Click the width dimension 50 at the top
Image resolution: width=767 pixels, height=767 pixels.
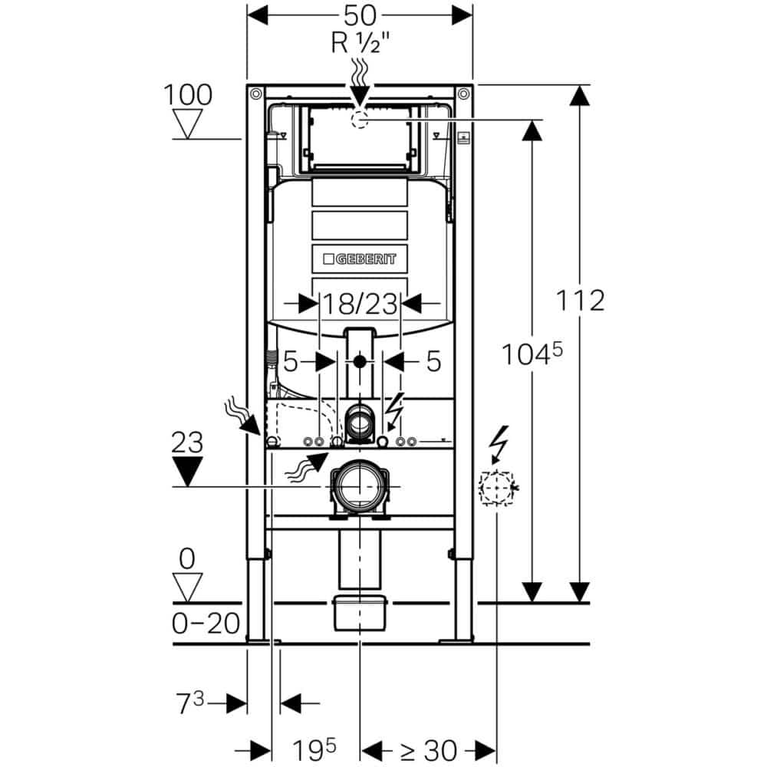(358, 15)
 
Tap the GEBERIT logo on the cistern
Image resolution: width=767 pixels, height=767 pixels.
(358, 258)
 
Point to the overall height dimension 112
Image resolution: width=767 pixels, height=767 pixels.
(581, 300)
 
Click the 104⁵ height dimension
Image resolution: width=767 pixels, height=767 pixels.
(531, 355)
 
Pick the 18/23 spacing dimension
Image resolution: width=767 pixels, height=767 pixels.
(358, 304)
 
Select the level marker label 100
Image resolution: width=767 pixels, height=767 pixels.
(187, 95)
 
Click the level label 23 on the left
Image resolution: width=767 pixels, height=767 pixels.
(186, 443)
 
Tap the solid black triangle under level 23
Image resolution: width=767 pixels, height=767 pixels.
(186, 469)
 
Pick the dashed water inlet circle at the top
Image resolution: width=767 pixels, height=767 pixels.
(358, 119)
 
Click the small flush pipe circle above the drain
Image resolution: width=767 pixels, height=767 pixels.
(358, 420)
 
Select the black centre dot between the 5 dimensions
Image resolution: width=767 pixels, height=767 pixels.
(358, 360)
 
